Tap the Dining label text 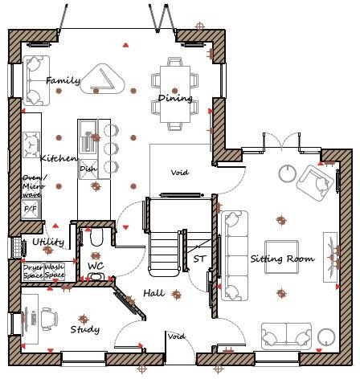click(x=175, y=99)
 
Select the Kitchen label click(x=59, y=158)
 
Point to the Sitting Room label click(x=281, y=259)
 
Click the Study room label click(x=84, y=329)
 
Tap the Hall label click(x=154, y=294)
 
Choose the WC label click(x=96, y=265)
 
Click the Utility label click(x=48, y=242)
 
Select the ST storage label click(x=199, y=259)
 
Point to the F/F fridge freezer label click(x=31, y=209)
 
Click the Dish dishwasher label click(x=88, y=169)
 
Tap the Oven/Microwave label click(x=34, y=185)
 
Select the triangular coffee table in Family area click(x=105, y=79)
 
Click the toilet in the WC click(x=95, y=239)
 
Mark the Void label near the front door click(x=176, y=336)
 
